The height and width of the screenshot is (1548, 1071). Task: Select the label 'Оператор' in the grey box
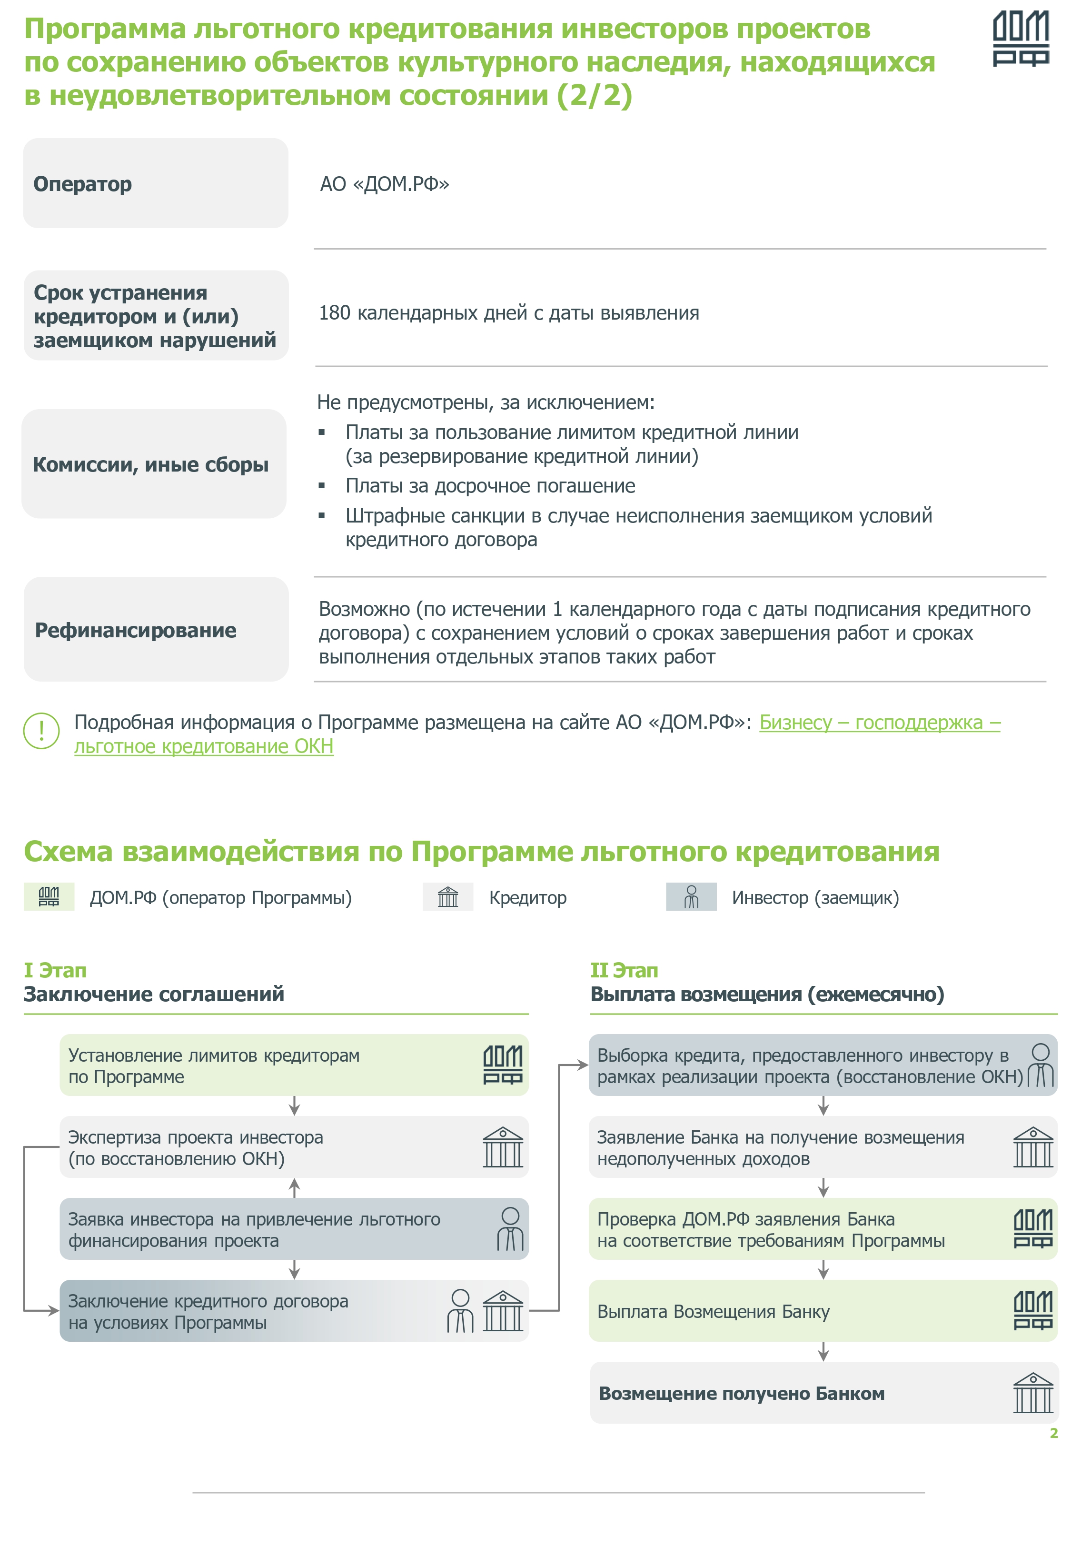[x=82, y=184]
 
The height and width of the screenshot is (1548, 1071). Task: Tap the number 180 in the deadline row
[x=334, y=313]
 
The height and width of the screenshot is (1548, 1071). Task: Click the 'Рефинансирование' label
[x=136, y=630]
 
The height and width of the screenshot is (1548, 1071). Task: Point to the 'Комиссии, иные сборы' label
[x=150, y=464]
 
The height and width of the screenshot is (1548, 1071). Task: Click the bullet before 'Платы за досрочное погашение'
[x=322, y=485]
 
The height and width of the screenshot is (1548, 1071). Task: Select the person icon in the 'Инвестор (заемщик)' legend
[x=691, y=897]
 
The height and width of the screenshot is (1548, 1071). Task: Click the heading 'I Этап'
[x=55, y=970]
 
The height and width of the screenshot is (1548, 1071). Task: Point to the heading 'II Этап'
[x=624, y=970]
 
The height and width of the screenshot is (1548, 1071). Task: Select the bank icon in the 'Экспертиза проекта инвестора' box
[x=503, y=1147]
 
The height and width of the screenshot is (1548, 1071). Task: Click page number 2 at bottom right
[x=1053, y=1433]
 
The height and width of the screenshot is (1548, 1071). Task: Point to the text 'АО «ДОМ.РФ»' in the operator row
[x=385, y=184]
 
